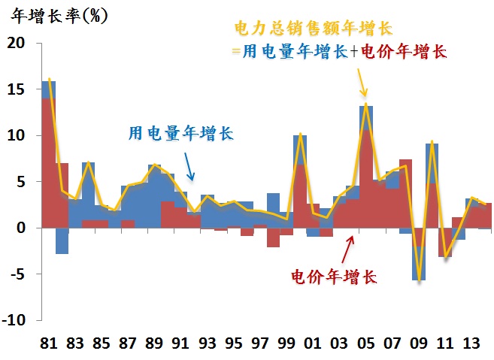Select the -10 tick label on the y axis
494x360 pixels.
[17, 319]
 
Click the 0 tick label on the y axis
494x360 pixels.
[22, 227]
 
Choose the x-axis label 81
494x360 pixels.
[49, 343]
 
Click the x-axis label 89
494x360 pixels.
[153, 343]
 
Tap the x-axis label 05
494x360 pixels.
[365, 343]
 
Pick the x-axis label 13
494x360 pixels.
[471, 343]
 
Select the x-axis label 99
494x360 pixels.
[286, 343]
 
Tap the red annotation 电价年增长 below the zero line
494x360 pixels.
[333, 276]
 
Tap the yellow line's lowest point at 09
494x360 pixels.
[419, 280]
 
